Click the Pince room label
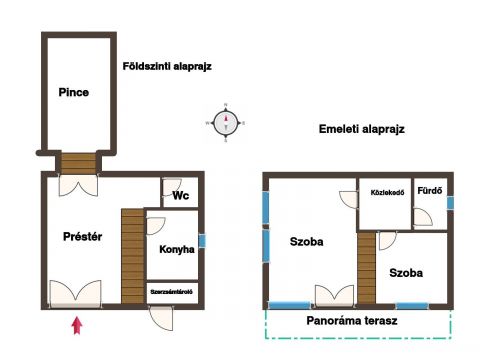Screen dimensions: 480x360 74,92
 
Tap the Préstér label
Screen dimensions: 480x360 82,237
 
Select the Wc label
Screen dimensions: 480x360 181,195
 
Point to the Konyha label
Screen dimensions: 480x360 177,249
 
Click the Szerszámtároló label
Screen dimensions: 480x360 172,292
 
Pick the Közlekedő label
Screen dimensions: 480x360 387,193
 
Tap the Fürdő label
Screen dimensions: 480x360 430,191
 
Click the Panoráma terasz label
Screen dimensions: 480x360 352,321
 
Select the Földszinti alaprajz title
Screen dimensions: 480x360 167,66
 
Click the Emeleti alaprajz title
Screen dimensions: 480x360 362,129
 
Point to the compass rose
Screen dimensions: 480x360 226,123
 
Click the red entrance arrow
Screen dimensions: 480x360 77,325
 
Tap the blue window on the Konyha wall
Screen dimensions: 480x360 202,241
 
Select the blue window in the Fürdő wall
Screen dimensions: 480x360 450,203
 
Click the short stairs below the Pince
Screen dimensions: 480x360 79,163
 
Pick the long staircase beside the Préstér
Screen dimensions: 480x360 133,256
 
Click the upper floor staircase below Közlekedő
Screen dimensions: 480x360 367,268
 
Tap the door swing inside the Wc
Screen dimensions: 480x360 172,188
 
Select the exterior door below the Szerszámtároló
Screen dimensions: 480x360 161,318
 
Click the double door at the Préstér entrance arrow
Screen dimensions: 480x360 75,293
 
